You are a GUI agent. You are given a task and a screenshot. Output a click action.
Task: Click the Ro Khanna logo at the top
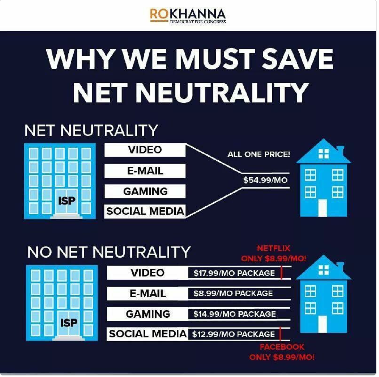click(x=188, y=15)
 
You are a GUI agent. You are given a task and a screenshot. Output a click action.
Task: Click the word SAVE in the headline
click(x=298, y=59)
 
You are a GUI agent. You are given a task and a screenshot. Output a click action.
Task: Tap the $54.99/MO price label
click(x=265, y=180)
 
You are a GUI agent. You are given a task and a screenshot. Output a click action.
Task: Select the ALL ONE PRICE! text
click(x=258, y=154)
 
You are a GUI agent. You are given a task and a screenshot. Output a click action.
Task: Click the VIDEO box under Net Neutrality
click(x=145, y=150)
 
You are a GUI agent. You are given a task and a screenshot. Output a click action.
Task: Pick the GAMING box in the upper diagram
click(x=145, y=191)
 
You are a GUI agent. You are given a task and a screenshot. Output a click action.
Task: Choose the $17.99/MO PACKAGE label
click(x=234, y=273)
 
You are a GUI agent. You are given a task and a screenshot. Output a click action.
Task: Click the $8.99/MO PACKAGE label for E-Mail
click(x=233, y=294)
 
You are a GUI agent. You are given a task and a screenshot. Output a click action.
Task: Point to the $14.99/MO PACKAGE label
click(x=234, y=314)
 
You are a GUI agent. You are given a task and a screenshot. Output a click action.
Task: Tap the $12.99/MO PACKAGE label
click(x=233, y=334)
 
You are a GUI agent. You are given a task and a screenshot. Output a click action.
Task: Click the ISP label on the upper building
click(x=67, y=201)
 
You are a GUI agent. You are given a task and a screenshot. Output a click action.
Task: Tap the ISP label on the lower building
click(x=69, y=323)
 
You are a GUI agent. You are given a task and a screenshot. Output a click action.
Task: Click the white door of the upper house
click(x=322, y=208)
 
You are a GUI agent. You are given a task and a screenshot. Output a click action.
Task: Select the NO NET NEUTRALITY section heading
click(x=109, y=252)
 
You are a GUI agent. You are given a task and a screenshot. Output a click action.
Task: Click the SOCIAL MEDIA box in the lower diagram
click(x=148, y=334)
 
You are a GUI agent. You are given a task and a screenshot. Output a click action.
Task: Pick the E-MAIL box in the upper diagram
click(x=145, y=171)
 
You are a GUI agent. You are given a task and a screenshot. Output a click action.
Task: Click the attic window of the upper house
click(x=323, y=154)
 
